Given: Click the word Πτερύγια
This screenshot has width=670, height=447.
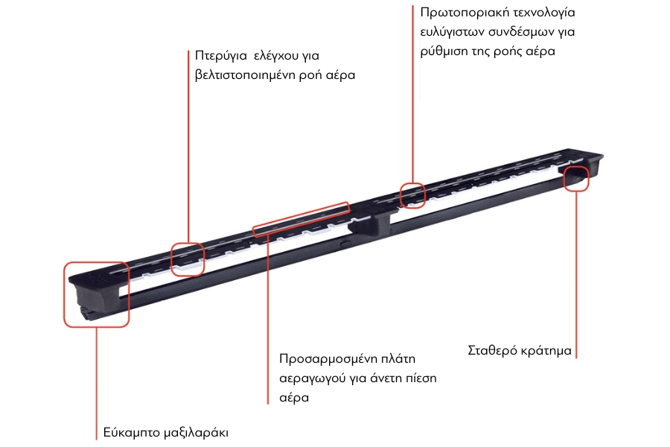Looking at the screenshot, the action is pyautogui.click(x=221, y=56).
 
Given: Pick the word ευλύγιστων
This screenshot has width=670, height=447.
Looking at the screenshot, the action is pyautogui.click(x=452, y=32).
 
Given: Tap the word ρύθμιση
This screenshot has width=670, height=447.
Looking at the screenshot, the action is pyautogui.click(x=444, y=51).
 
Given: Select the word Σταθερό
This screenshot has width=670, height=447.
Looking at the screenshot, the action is pyautogui.click(x=491, y=351).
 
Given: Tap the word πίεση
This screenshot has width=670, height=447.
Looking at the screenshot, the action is pyautogui.click(x=421, y=378).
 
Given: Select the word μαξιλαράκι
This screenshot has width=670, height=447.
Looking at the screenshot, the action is pyautogui.click(x=197, y=432).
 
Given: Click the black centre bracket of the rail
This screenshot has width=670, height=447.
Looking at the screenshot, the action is pyautogui.click(x=370, y=221).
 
